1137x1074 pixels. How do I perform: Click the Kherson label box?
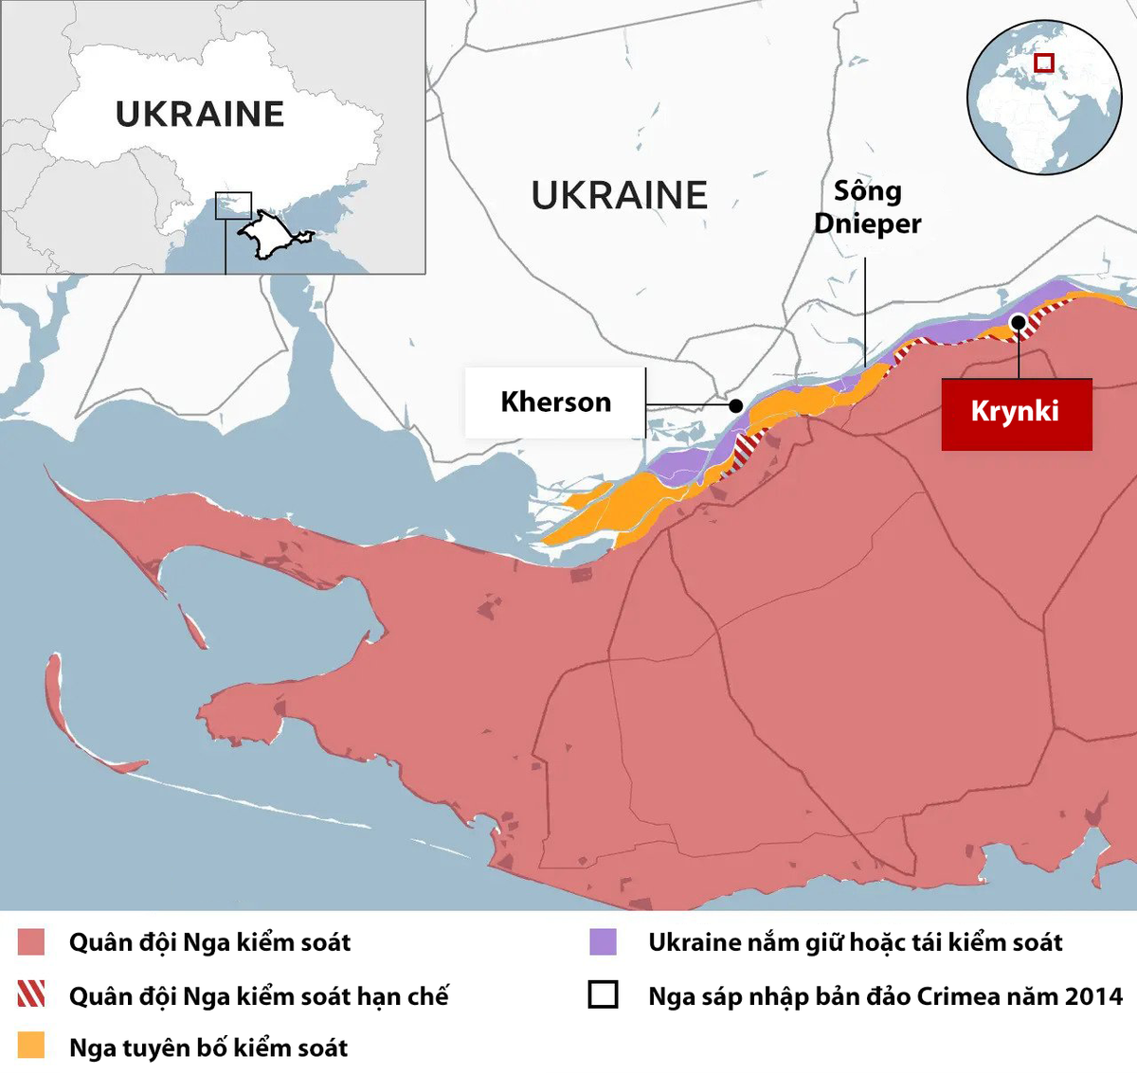coord(555,403)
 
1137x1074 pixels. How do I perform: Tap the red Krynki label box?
coord(1016,414)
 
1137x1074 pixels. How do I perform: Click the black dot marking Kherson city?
coord(736,405)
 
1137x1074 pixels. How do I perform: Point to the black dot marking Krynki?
coord(1018,322)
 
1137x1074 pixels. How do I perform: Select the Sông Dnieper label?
coord(867,207)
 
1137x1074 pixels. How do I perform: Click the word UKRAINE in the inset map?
coord(200,115)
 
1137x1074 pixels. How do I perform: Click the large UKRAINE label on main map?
coord(619,196)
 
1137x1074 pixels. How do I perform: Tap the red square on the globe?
coord(1044,63)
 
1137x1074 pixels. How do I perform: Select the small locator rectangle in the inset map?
coord(233,206)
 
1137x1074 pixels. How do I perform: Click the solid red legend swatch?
coord(31,942)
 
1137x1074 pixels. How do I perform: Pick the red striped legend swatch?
coord(31,993)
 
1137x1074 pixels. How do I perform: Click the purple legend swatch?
coord(604,941)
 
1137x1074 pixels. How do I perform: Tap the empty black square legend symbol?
coord(604,994)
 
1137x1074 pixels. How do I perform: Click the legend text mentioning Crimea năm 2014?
coord(885,996)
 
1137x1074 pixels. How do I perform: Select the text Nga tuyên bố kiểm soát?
coord(208,1047)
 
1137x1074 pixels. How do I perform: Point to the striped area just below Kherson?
coord(750,444)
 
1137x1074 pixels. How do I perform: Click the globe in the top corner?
coord(1043,98)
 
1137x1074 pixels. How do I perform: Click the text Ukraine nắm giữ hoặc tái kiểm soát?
coord(855,942)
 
